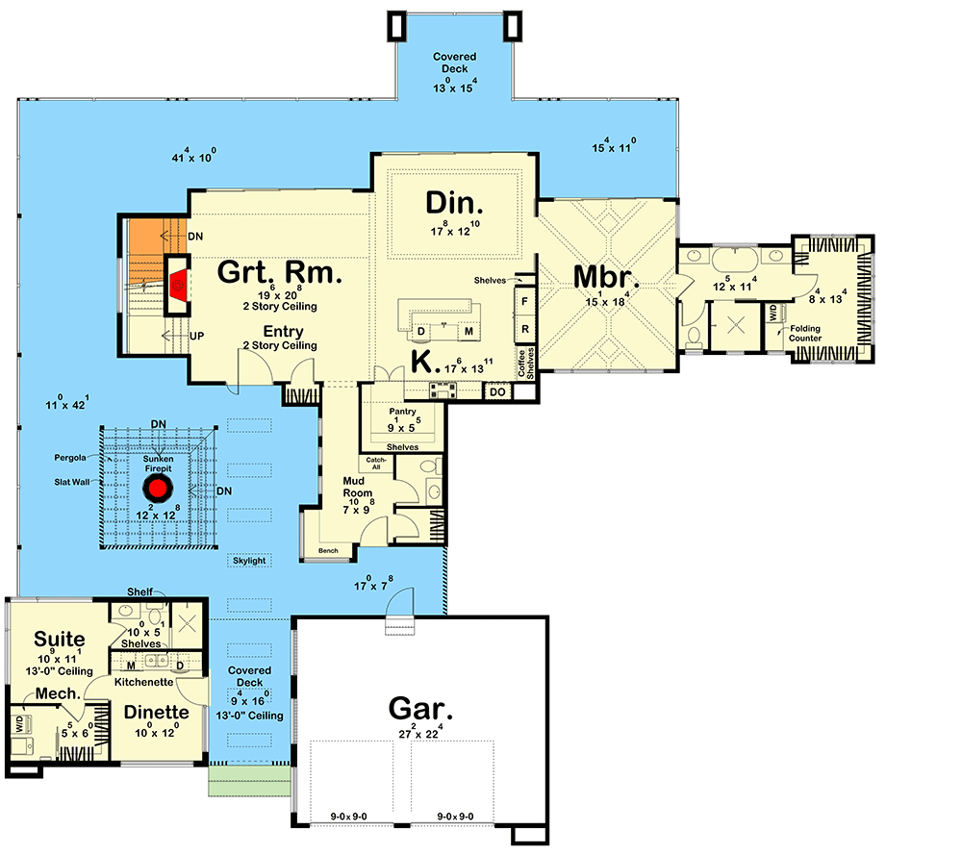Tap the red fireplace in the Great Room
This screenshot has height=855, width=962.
(177, 286)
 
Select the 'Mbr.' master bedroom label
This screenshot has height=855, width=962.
(606, 276)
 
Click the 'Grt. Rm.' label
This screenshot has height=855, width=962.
(279, 273)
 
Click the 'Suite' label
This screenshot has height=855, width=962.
(60, 639)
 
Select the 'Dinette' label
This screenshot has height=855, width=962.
(155, 713)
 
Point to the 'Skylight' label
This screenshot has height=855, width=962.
(248, 560)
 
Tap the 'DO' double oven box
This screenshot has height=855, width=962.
(497, 390)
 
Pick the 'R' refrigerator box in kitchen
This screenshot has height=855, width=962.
(524, 328)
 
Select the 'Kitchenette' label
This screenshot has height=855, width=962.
(143, 681)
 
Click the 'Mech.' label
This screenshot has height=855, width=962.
(58, 693)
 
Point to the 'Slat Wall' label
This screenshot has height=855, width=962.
(70, 483)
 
